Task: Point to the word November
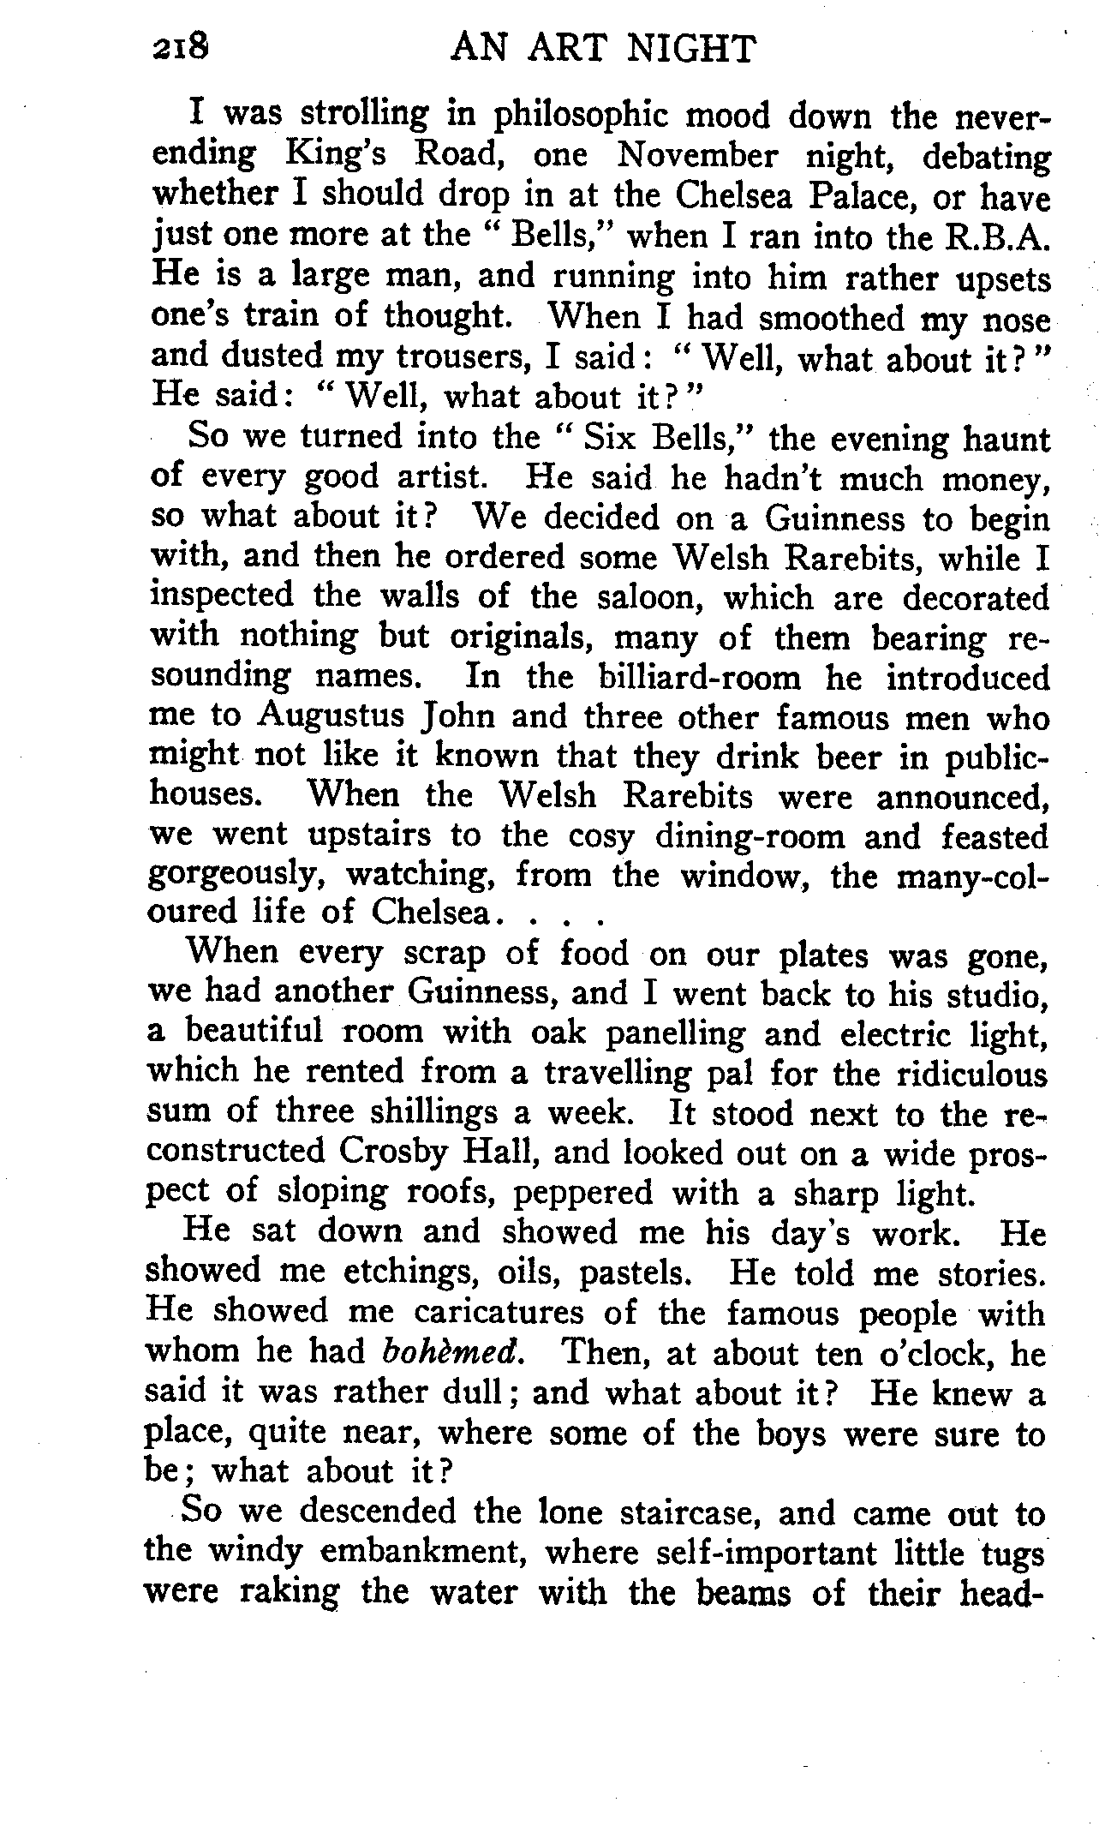point(697,157)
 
